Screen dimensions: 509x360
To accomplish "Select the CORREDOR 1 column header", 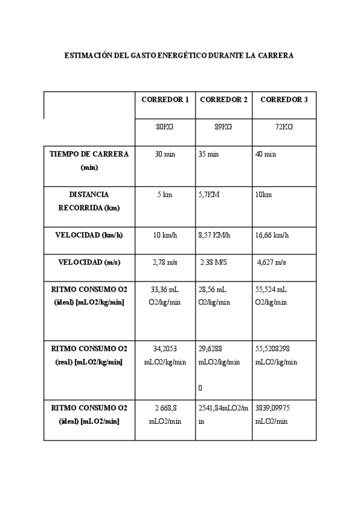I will click(x=165, y=99).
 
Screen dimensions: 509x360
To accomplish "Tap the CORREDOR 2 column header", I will click(x=223, y=99).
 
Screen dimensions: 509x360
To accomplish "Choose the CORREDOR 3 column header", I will click(x=284, y=99).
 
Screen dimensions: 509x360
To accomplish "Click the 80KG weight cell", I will click(x=164, y=127).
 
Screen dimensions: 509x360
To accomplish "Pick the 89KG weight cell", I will click(x=223, y=127).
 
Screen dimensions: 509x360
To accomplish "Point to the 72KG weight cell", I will click(x=284, y=127).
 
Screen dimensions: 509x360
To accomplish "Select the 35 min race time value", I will click(x=208, y=154).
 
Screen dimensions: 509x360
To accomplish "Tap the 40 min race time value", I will click(x=266, y=154).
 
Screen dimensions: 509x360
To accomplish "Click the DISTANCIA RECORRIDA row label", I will click(x=89, y=201).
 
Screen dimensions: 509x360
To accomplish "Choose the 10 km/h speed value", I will click(x=165, y=235).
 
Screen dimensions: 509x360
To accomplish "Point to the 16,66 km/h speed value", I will click(x=272, y=235).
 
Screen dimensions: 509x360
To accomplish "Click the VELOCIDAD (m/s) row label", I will click(x=89, y=262).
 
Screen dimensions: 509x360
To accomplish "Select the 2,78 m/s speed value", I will click(x=165, y=262).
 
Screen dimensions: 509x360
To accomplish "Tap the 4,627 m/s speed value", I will click(x=271, y=262).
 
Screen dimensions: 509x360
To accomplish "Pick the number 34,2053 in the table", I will click(x=165, y=348).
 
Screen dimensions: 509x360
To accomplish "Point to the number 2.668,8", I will click(x=165, y=408).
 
